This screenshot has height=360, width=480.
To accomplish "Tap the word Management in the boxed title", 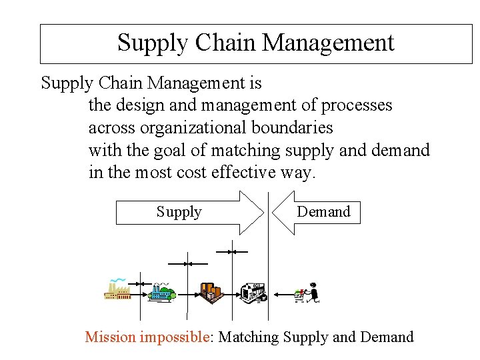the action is tap(327, 43).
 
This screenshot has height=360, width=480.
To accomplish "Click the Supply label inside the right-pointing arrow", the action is tap(179, 212).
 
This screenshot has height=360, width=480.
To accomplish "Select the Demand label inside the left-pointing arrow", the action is tap(323, 212).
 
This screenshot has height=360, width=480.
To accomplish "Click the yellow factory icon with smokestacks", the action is tap(117, 289).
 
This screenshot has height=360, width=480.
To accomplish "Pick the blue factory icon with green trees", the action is tap(161, 291).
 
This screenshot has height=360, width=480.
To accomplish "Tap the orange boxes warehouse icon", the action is tap(211, 292).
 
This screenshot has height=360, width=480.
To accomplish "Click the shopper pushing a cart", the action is tap(308, 293).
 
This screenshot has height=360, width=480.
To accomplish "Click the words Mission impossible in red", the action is tap(147, 337).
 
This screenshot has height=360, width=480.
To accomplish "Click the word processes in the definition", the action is tap(357, 105).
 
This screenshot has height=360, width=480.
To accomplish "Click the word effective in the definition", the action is tap(243, 172).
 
